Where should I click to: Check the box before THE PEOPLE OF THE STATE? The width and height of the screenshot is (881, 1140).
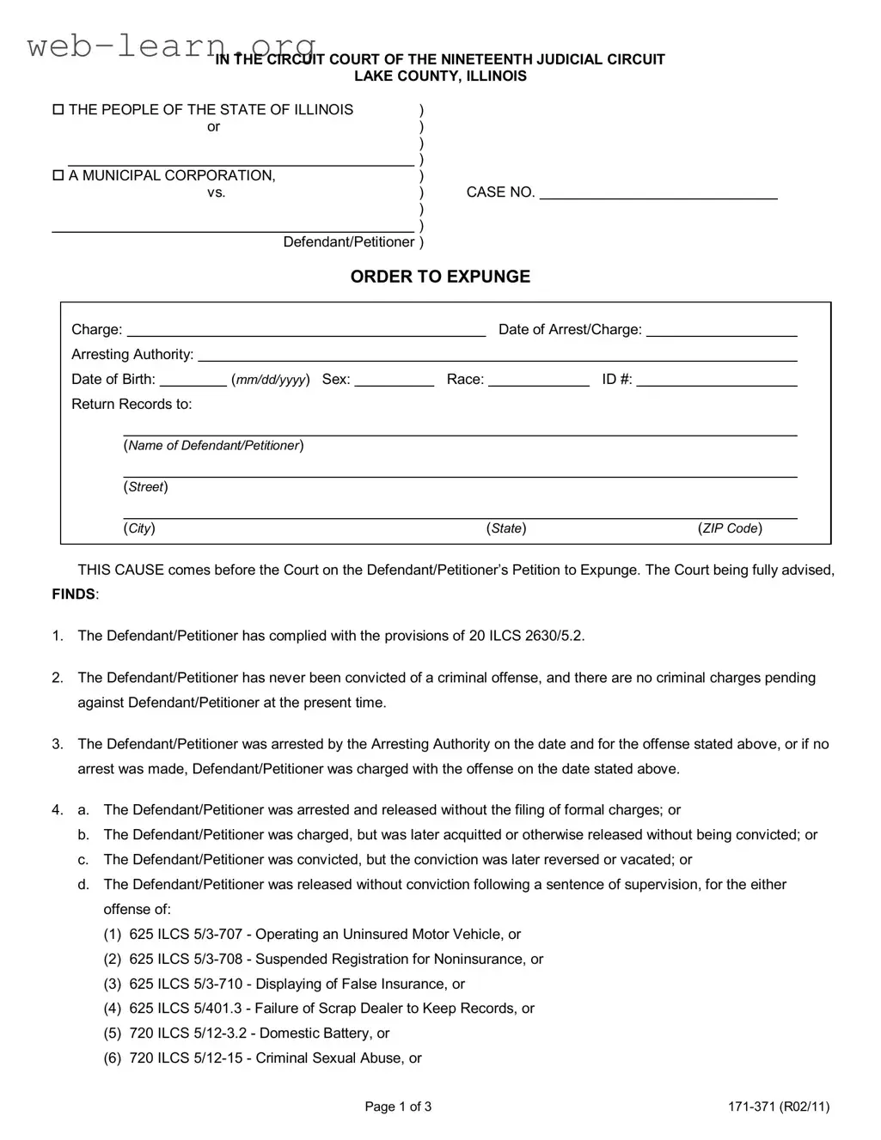point(58,110)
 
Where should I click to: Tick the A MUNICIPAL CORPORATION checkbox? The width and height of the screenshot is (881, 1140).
point(58,176)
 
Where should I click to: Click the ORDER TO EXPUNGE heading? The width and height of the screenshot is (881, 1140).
point(440,277)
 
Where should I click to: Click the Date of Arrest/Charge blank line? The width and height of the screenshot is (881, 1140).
point(721,330)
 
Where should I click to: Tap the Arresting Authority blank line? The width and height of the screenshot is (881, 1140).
point(498,355)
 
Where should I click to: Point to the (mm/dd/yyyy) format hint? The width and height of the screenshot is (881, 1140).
point(271,380)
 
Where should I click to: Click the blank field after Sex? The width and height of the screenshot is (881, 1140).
point(394,380)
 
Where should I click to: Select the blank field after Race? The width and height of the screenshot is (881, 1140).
point(539,380)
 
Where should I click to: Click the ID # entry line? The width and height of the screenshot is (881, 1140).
point(717,380)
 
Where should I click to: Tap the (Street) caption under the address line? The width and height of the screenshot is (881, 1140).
point(145,487)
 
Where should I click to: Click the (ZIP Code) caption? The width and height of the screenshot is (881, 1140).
point(730,528)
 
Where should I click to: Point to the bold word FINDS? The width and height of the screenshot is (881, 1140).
point(74,594)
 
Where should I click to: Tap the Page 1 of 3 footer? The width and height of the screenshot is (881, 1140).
point(398,1106)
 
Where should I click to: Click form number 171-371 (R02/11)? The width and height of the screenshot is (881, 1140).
point(779,1106)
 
